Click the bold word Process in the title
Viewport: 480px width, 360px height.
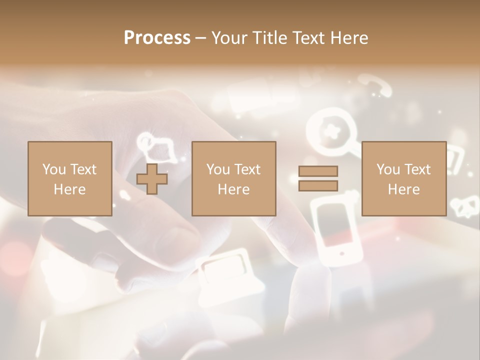click(157, 38)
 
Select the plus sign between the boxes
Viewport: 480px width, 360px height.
click(152, 178)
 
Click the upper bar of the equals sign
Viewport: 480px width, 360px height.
click(318, 171)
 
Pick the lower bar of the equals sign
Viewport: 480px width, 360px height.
click(318, 185)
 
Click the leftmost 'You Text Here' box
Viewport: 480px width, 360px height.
click(69, 178)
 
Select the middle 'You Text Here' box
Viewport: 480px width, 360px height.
click(233, 178)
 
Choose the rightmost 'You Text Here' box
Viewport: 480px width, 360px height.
click(403, 178)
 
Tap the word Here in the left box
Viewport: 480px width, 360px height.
click(69, 189)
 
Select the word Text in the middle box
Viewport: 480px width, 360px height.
click(247, 169)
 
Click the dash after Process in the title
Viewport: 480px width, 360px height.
click(201, 38)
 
